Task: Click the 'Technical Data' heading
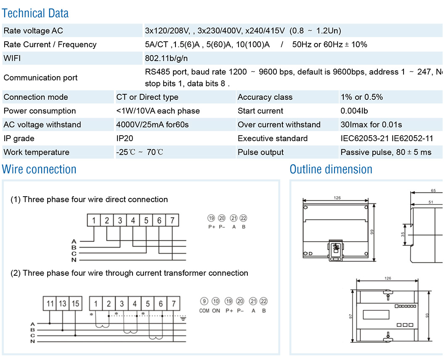pos(35,13)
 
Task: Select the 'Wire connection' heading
pos(39,169)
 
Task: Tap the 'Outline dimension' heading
pos(331,169)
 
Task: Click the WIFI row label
pos(12,59)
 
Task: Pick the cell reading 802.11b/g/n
pos(166,59)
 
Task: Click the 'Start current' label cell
pos(260,111)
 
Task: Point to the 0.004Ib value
pos(354,111)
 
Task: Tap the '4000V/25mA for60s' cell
pos(152,125)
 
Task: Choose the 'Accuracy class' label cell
pos(265,97)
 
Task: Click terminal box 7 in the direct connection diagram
pos(172,220)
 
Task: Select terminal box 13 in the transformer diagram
pos(63,303)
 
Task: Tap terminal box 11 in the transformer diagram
pos(50,303)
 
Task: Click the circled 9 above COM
pos(204,301)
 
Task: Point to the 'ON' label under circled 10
pos(216,311)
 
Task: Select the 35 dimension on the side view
pos(403,234)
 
